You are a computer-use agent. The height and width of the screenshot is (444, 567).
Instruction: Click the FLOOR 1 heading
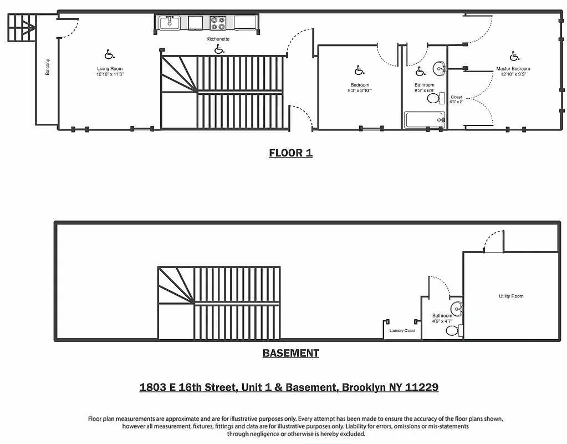290,153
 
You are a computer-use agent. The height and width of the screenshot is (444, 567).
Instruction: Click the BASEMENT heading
290,353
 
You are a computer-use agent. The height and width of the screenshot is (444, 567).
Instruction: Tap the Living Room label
109,69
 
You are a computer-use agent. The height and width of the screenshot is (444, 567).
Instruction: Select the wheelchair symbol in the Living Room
109,54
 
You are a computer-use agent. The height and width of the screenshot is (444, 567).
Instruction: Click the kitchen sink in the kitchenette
170,23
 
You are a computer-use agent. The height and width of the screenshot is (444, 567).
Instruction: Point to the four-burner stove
218,23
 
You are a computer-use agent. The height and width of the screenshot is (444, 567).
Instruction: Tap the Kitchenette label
218,39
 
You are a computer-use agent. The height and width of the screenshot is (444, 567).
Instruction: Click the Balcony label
48,67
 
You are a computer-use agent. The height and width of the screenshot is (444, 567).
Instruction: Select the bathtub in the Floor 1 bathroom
425,119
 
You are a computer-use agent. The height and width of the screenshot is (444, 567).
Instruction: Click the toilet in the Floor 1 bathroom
435,99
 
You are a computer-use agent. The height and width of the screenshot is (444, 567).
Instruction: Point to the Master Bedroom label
513,69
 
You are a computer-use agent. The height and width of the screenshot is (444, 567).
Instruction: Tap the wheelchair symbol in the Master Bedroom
514,56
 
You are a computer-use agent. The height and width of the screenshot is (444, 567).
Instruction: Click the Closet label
456,97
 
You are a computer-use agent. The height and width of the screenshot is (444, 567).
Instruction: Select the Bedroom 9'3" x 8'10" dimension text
360,90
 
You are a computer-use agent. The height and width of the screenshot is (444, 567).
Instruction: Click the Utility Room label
510,296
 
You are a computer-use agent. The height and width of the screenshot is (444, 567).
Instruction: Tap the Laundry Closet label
402,331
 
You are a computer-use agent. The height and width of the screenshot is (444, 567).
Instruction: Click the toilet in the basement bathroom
452,331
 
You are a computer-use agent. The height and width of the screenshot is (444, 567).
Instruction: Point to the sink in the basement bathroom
457,309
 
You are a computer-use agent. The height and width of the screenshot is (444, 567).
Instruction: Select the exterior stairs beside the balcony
21,27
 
